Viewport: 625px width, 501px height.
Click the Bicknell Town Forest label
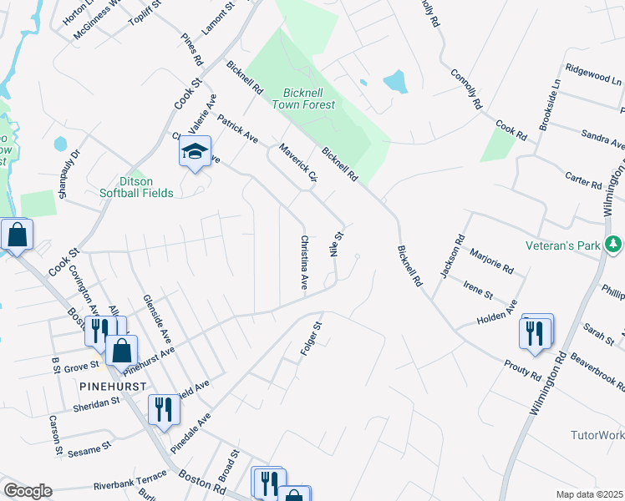303,97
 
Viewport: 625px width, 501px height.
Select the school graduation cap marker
194,152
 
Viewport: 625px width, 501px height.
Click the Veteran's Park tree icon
614,245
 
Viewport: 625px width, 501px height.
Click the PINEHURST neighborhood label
114,387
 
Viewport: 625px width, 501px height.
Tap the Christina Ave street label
304,262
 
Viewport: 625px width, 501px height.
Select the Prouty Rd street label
523,370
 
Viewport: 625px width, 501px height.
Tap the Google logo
28,491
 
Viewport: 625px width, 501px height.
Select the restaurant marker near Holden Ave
535,331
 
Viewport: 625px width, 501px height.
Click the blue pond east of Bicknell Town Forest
394,81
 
